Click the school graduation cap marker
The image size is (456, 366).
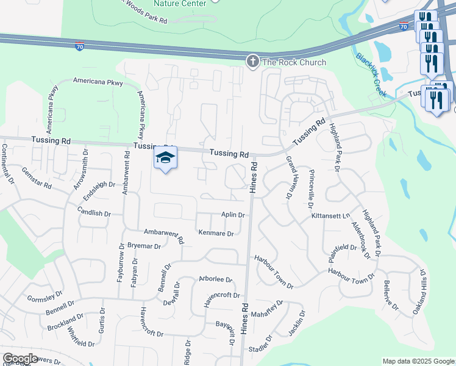coord(165,158)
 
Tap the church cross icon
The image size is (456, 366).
coord(252,62)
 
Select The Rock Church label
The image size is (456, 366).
coord(294,62)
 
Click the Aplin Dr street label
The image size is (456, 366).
coord(233,215)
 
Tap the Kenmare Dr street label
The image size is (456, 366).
coord(216,233)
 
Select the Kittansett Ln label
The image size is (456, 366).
coord(331,216)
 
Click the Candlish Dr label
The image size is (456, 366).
coord(94,213)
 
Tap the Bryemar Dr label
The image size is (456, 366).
coord(144,246)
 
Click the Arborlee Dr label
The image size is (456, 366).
coord(216,279)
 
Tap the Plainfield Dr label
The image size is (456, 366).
coord(343,247)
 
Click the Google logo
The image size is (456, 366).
coord(21,359)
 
